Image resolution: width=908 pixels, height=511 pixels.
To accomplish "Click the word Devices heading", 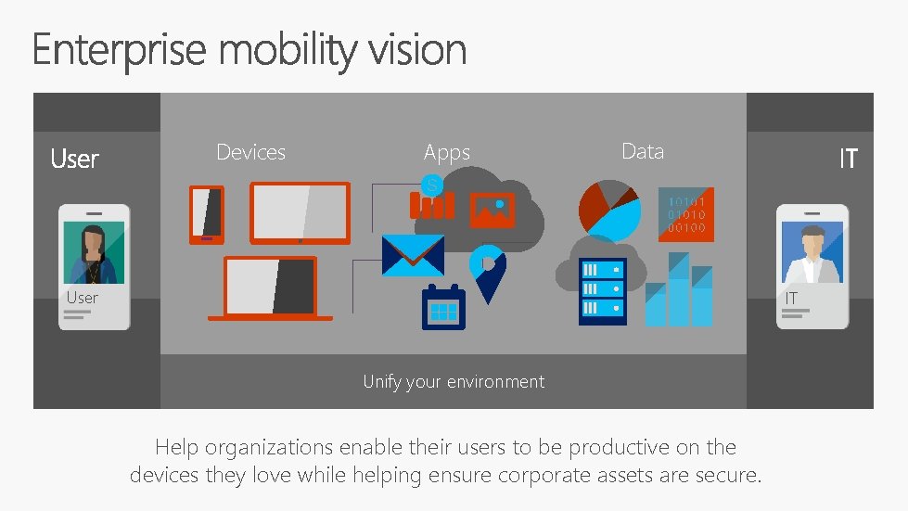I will click(x=250, y=152).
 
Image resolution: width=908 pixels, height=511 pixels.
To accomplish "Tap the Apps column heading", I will click(x=447, y=153).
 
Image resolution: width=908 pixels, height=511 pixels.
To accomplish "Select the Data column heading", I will click(x=643, y=151).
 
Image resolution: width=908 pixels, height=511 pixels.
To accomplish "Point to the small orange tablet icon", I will click(x=207, y=214).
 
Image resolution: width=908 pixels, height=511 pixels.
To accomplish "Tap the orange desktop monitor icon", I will click(x=301, y=212).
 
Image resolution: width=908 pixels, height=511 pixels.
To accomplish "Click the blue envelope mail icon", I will click(x=413, y=255).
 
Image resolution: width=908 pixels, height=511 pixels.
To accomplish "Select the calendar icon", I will click(x=443, y=307).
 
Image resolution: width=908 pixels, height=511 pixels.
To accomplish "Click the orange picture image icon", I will click(x=492, y=211).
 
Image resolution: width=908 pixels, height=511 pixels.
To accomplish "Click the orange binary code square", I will click(x=686, y=214).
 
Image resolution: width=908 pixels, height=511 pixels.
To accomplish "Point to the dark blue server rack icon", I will click(x=603, y=291).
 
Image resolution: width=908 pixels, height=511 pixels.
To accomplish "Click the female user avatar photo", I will click(x=94, y=253).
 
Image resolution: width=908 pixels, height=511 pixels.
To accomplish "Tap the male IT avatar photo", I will click(x=812, y=252).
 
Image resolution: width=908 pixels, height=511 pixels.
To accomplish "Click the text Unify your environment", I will click(x=454, y=381).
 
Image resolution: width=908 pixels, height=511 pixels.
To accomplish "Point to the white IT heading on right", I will click(x=848, y=160).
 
